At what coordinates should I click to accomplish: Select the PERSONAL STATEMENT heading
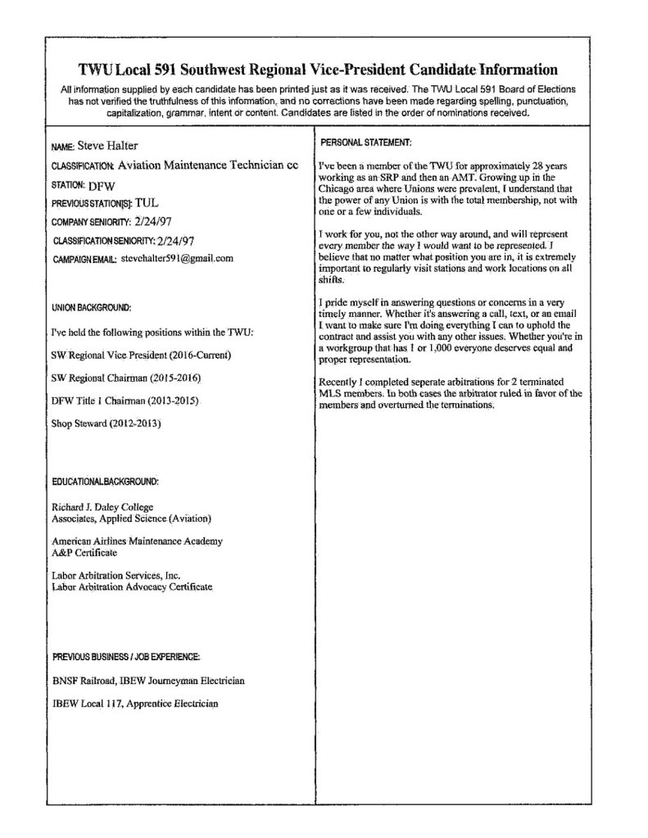coord(365,143)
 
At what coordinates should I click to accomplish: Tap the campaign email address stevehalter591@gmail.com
coord(177,258)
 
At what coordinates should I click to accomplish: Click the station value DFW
coord(102,185)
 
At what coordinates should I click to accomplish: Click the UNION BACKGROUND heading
coord(91,308)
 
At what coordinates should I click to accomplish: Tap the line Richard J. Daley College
coord(102,507)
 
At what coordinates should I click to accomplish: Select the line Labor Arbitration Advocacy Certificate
coord(132,587)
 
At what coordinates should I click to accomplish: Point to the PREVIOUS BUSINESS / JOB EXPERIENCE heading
coord(126,657)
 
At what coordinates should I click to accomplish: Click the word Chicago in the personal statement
coord(336,188)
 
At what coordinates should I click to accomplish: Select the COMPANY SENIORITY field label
coord(91,221)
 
